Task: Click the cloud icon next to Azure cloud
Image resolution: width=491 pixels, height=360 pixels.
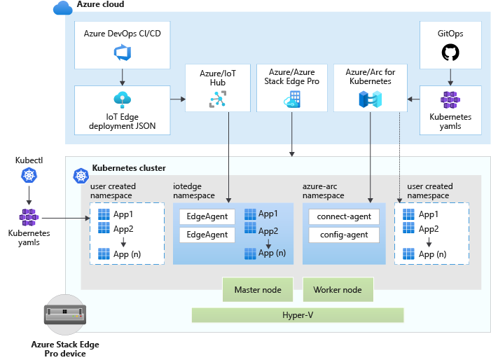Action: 63,8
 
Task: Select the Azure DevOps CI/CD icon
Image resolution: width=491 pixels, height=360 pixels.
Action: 122,52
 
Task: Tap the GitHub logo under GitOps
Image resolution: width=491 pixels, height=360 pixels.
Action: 450,53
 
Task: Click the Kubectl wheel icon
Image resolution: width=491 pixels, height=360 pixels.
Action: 29,175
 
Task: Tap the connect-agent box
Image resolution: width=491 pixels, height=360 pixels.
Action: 343,216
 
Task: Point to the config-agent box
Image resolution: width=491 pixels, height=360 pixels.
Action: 343,235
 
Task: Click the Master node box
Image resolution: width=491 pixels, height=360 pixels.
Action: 257,289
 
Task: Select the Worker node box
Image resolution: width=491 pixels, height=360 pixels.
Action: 338,289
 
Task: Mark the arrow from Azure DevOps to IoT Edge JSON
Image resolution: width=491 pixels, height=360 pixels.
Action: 122,76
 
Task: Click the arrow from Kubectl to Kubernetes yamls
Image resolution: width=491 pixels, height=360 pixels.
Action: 29,195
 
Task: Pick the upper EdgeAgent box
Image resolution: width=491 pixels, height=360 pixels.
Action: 207,216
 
